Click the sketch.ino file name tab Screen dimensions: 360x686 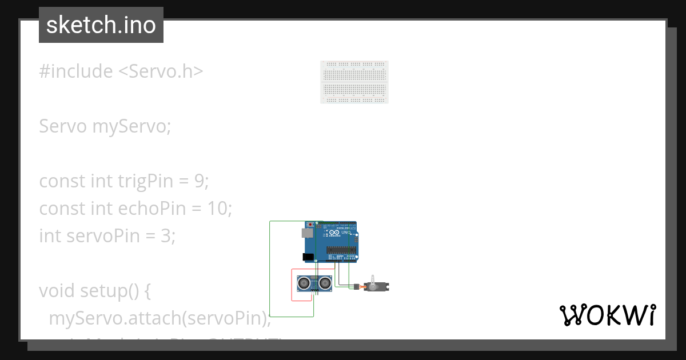pyautogui.click(x=101, y=25)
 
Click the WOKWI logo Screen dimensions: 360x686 pyautogui.click(x=607, y=315)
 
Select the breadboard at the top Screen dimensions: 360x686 pyautogui.click(x=354, y=82)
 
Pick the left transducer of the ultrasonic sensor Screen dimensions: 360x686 pyautogui.click(x=304, y=282)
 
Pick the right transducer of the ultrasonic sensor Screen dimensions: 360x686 pyautogui.click(x=325, y=282)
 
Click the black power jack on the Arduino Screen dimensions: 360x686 pyautogui.click(x=308, y=258)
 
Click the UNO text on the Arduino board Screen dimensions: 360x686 pyautogui.click(x=346, y=233)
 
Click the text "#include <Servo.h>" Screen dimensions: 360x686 pyautogui.click(x=121, y=71)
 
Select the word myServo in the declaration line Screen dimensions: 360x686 pyautogui.click(x=131, y=126)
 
